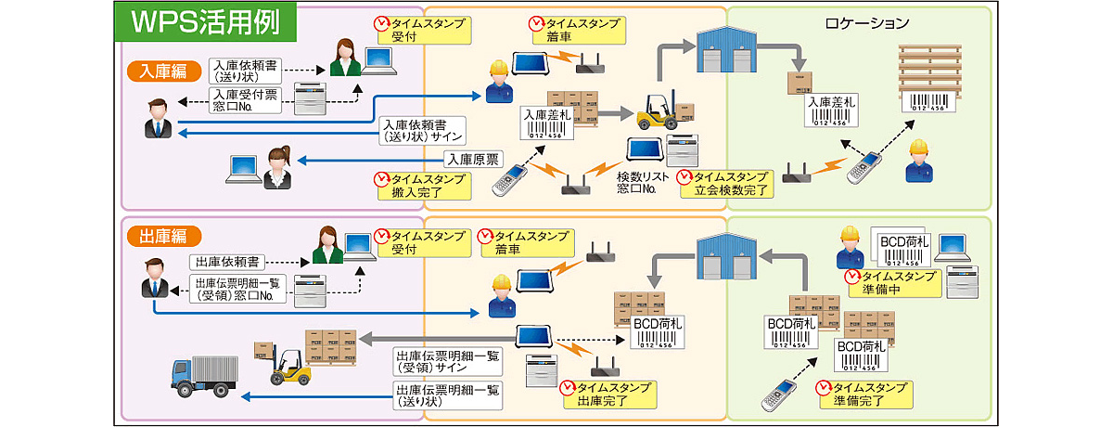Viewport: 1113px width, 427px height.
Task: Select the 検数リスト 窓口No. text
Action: (642, 182)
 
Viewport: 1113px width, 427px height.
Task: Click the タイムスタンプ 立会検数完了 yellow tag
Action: (724, 183)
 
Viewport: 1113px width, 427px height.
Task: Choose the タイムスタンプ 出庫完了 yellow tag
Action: (607, 395)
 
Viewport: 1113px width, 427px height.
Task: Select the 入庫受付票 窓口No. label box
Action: (244, 99)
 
